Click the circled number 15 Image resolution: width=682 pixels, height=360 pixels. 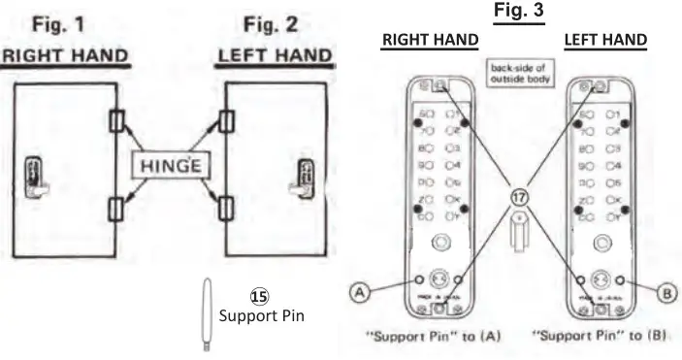click(x=259, y=296)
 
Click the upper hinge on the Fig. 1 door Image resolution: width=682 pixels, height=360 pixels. click(x=116, y=122)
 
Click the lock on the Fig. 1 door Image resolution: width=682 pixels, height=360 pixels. click(x=35, y=177)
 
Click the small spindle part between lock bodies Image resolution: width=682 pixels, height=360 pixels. click(x=519, y=234)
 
